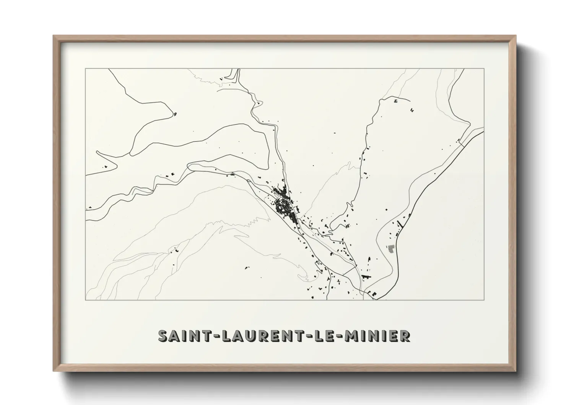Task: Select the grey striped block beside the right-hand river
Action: (x=390, y=249)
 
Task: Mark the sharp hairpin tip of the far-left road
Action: (x=98, y=152)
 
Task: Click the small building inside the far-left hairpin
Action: (x=106, y=167)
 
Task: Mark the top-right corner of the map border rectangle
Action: (x=484, y=69)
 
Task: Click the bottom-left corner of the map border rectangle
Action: (x=86, y=300)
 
